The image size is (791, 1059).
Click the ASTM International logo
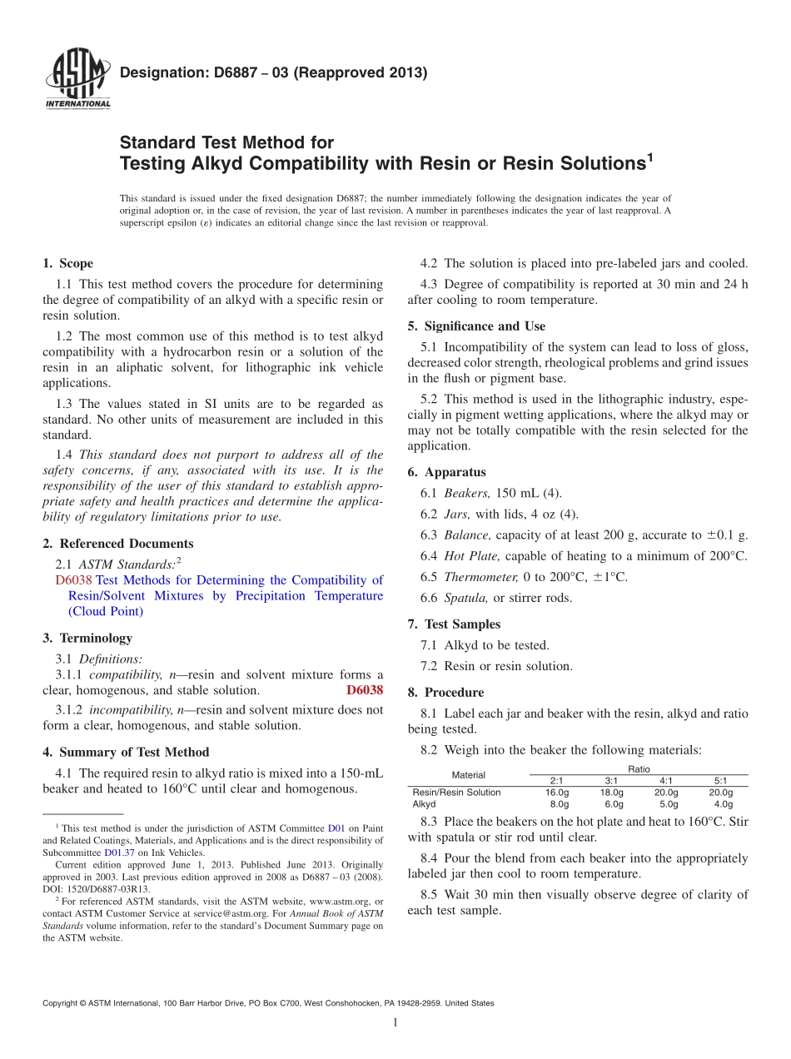point(77,78)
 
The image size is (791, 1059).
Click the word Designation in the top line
point(158,72)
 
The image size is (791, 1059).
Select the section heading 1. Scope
point(67,263)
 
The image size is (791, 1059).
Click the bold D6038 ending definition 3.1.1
point(365,690)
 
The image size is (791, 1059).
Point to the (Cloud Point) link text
point(106,611)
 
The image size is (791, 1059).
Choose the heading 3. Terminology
point(87,638)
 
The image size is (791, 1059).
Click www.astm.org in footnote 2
point(339,901)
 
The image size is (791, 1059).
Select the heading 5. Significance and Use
point(476,326)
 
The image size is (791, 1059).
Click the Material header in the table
point(468,775)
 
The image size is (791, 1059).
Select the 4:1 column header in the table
point(667,781)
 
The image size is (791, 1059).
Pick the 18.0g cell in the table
point(611,793)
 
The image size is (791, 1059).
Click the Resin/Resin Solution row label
point(456,793)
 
